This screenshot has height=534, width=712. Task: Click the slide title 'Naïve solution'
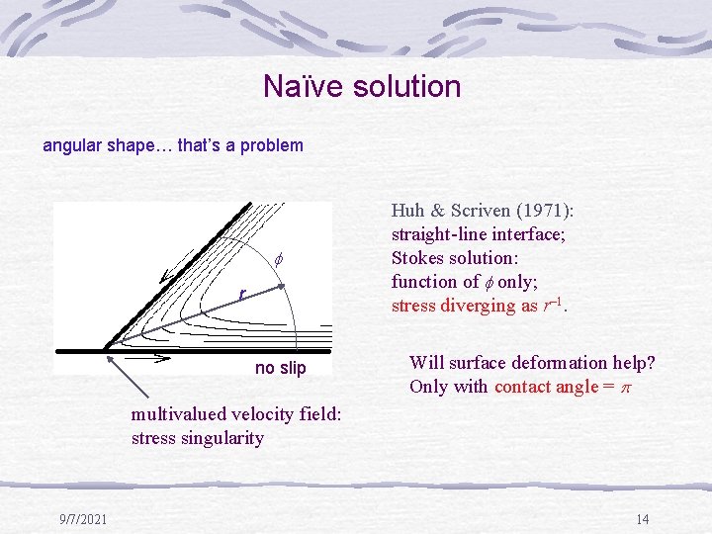click(x=362, y=87)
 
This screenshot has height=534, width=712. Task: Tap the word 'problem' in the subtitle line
click(x=272, y=145)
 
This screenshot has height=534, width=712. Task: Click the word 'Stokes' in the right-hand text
click(x=419, y=258)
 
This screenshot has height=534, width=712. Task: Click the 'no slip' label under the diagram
click(x=281, y=369)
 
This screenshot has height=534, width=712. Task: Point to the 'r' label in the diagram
click(x=240, y=294)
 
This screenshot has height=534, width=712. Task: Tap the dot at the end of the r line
click(x=281, y=287)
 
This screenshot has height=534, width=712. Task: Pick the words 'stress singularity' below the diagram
click(x=198, y=438)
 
